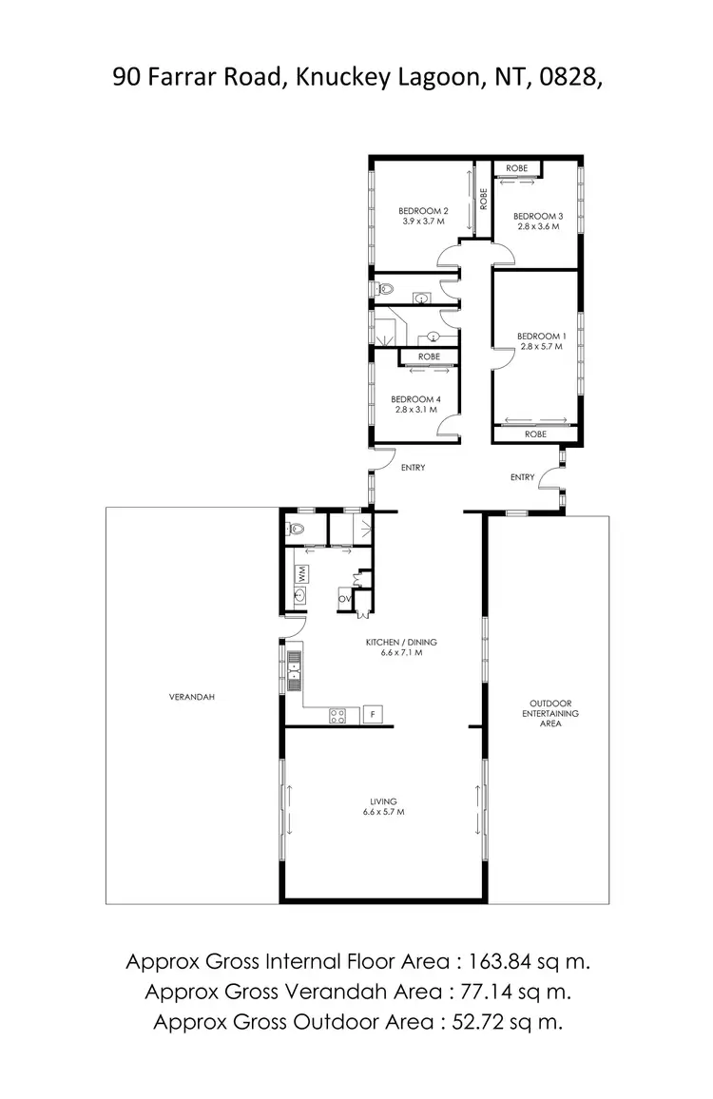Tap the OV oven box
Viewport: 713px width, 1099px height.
click(x=345, y=598)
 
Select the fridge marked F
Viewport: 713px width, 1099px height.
click(x=374, y=714)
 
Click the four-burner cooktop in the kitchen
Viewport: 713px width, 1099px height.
click(x=337, y=716)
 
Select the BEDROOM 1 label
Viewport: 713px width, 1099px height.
click(x=541, y=336)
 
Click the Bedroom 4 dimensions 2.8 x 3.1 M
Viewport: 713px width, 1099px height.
click(x=416, y=410)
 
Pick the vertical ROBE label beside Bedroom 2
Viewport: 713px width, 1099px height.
click(x=484, y=200)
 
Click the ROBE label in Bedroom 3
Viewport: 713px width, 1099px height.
click(x=516, y=168)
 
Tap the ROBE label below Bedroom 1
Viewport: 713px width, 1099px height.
click(x=535, y=434)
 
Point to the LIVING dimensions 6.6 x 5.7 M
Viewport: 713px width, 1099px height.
click(x=383, y=812)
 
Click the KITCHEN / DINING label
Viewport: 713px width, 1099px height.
click(x=400, y=642)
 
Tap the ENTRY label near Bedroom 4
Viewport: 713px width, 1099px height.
click(x=413, y=467)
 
